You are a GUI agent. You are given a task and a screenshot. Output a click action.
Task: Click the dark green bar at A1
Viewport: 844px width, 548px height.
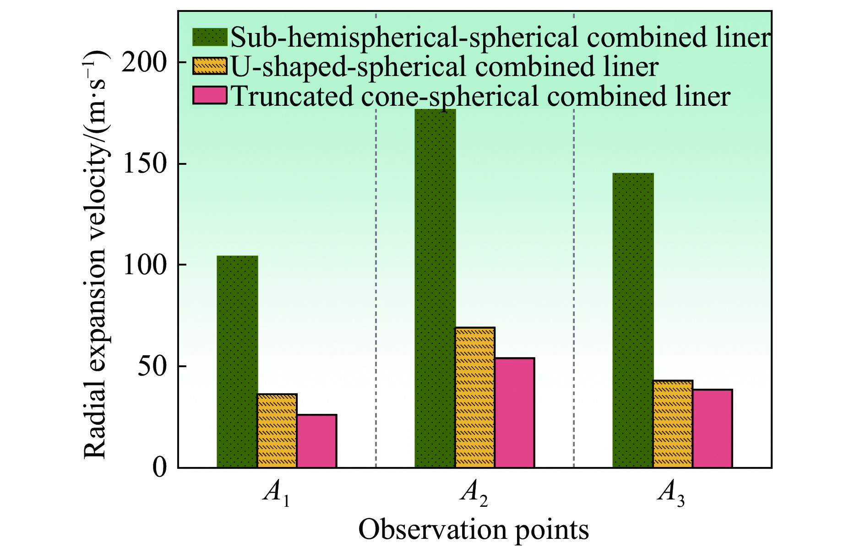pyautogui.click(x=237, y=362)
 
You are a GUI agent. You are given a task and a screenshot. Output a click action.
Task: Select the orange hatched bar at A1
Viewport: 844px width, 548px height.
pyautogui.click(x=277, y=430)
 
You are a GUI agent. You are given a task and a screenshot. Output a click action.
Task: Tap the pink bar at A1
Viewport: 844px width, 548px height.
pyautogui.click(x=316, y=441)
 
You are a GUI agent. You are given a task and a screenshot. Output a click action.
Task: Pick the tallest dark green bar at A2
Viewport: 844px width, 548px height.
pyautogui.click(x=435, y=288)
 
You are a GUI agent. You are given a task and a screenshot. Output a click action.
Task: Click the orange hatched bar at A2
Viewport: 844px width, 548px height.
pyautogui.click(x=475, y=397)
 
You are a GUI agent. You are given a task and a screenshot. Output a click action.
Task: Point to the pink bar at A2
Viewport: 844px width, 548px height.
pyautogui.click(x=514, y=412)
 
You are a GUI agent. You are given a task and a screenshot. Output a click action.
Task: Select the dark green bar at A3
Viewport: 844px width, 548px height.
pyautogui.click(x=633, y=320)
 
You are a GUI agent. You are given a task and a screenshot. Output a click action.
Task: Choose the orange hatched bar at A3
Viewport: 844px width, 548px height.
pyautogui.click(x=673, y=424)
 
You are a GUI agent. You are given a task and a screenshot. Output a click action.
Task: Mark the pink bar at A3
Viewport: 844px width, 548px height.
pyautogui.click(x=712, y=429)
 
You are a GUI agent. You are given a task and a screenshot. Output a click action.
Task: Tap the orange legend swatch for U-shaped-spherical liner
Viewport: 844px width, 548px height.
pyautogui.click(x=210, y=66)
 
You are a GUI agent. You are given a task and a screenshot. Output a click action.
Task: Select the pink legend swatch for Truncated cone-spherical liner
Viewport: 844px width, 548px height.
pyautogui.click(x=210, y=96)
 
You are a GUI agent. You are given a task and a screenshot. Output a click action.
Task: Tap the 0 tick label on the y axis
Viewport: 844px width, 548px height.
pyautogui.click(x=159, y=468)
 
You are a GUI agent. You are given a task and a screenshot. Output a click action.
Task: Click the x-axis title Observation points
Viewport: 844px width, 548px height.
pyautogui.click(x=474, y=530)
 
